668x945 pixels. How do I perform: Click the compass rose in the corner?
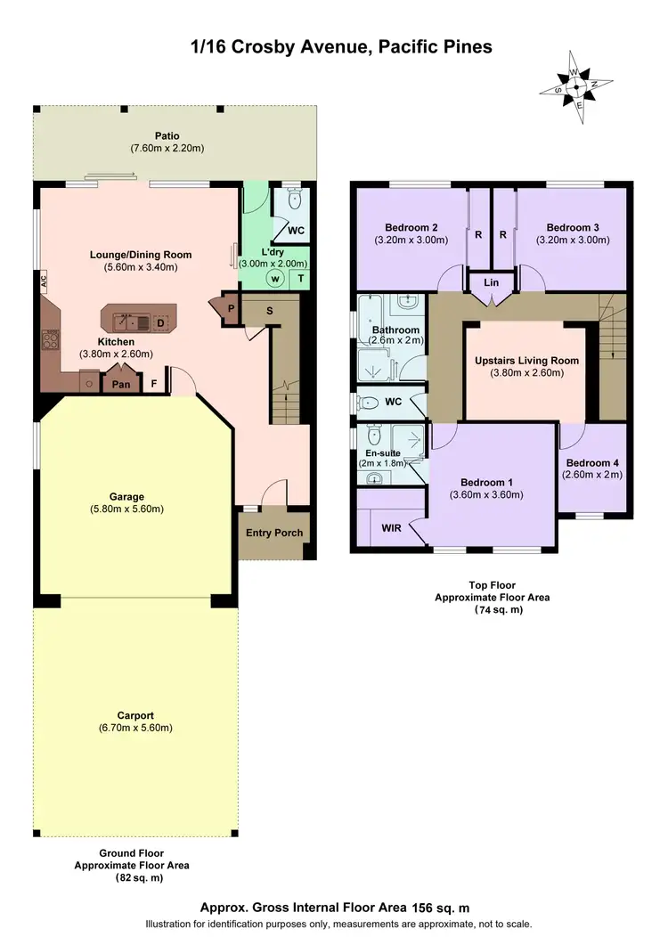click(x=576, y=88)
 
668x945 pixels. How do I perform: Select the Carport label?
click(x=135, y=715)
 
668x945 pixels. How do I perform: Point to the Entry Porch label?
click(x=274, y=533)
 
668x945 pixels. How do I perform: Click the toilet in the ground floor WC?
click(x=295, y=201)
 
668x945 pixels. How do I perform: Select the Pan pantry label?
click(x=118, y=386)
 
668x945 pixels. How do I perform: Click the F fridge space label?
click(x=154, y=386)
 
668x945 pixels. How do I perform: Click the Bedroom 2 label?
click(x=411, y=226)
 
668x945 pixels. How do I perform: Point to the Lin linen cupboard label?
click(x=491, y=282)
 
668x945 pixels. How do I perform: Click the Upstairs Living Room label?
click(x=526, y=361)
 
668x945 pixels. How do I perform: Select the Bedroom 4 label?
click(x=592, y=462)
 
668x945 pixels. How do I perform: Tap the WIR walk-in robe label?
click(x=391, y=528)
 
